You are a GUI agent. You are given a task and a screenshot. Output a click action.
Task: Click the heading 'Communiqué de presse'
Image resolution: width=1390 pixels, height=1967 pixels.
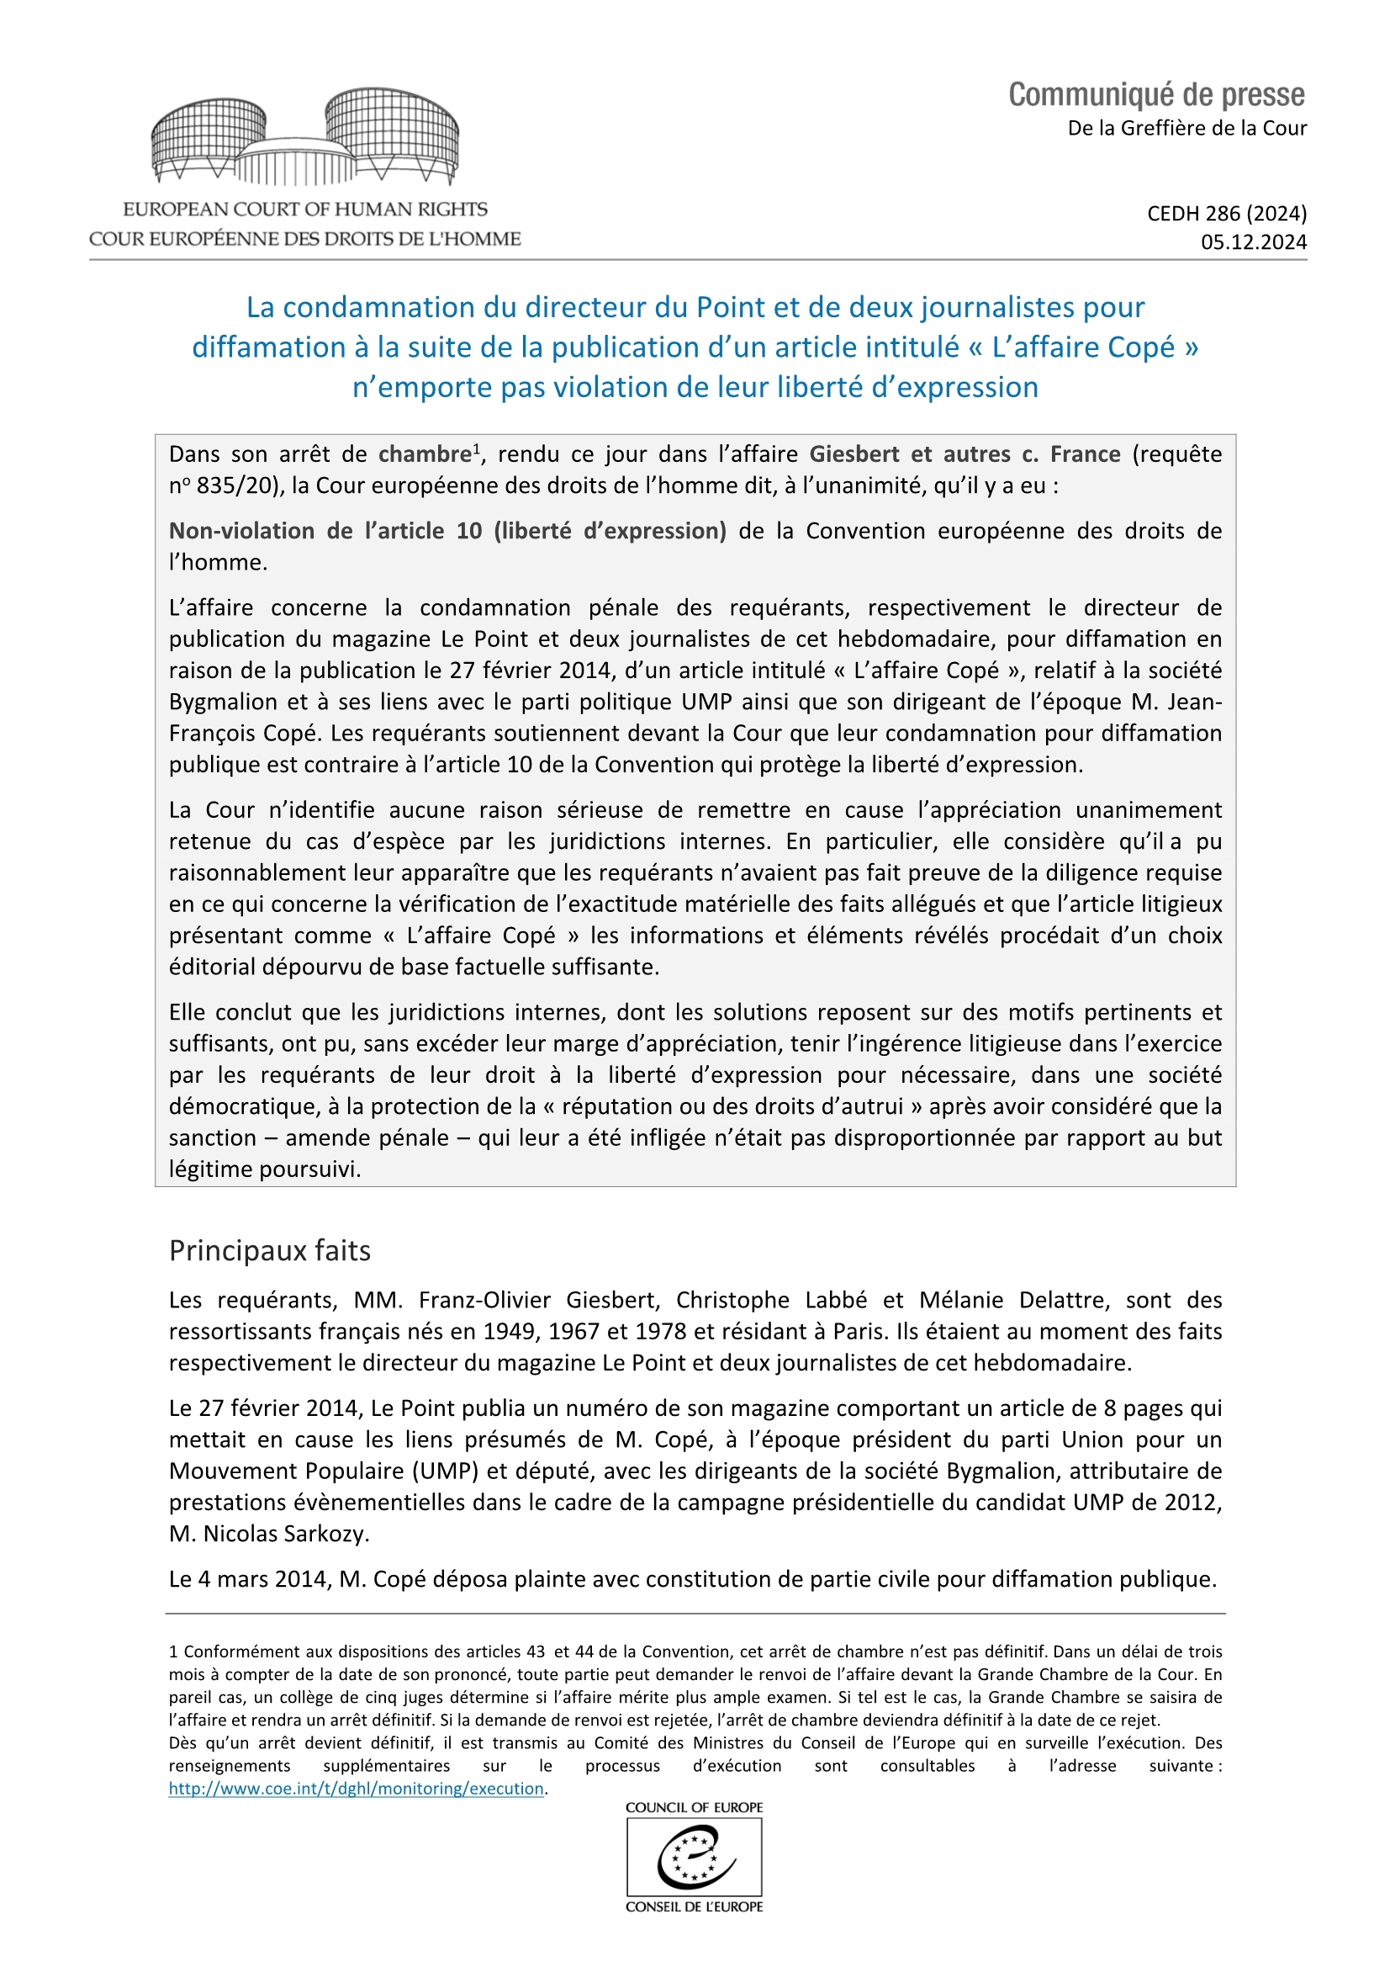pos(1155,94)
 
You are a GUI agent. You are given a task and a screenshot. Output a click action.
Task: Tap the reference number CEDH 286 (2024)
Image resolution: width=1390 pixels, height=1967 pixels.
pos(1226,213)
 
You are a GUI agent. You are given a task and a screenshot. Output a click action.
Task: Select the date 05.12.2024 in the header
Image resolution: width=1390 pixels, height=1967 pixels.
pos(1253,242)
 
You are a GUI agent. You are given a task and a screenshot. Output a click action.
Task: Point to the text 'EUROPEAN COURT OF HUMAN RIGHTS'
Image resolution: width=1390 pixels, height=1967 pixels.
pos(305,209)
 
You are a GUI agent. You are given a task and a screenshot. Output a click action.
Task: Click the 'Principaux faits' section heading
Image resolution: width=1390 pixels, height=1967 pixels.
pos(270,1251)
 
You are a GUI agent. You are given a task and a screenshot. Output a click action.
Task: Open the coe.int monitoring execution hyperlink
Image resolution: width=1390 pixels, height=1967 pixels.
pos(357,1789)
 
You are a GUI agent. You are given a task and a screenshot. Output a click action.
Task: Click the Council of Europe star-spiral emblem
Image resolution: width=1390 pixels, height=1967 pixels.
pos(694,1858)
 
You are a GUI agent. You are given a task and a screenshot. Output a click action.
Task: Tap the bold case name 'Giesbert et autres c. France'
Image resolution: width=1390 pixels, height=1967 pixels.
pos(965,454)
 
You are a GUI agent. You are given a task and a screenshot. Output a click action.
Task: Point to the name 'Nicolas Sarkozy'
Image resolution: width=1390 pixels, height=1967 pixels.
pos(285,1534)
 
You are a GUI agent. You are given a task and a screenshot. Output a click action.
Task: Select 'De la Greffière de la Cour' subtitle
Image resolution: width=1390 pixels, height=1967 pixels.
pos(1187,129)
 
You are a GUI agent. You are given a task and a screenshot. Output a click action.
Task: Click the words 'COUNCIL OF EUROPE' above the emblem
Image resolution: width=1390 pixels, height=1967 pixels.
pos(694,1808)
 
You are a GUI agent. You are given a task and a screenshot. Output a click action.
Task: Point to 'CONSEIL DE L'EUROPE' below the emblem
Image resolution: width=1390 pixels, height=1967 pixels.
pos(694,1907)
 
